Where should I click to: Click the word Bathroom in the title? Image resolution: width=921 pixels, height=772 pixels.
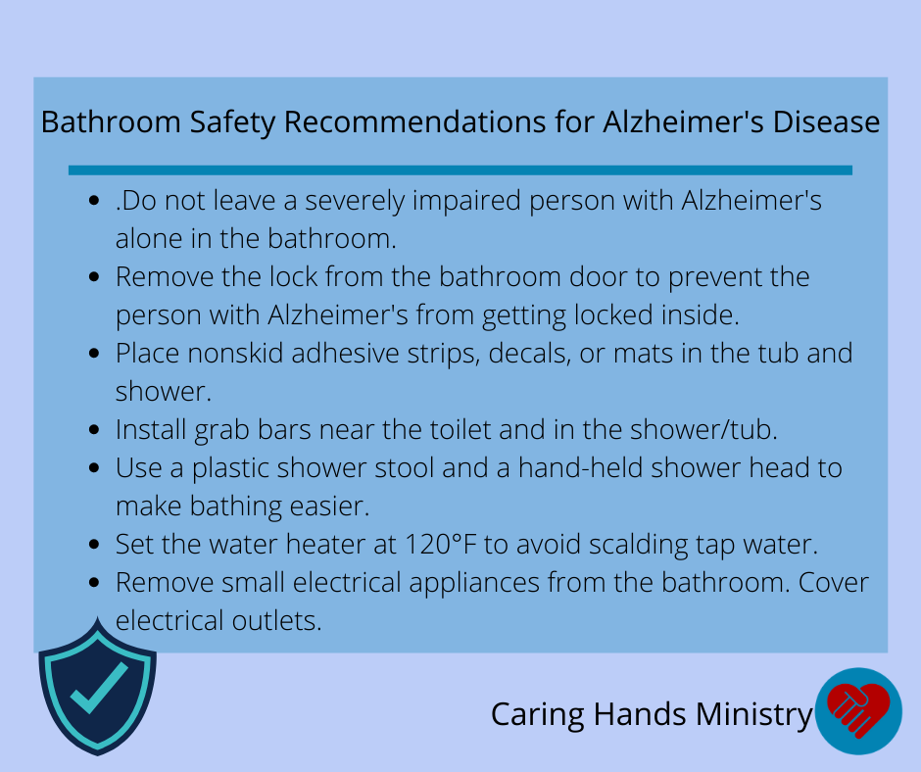(111, 122)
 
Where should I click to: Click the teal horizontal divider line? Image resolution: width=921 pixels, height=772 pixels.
(460, 170)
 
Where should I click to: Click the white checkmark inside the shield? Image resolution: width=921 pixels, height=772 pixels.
(99, 688)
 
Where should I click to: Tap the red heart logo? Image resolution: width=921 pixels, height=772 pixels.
(858, 709)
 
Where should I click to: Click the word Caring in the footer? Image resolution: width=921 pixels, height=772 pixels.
(538, 715)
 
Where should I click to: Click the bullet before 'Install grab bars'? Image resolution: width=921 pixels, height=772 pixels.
(94, 429)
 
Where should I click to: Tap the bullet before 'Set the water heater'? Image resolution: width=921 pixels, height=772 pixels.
(94, 544)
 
